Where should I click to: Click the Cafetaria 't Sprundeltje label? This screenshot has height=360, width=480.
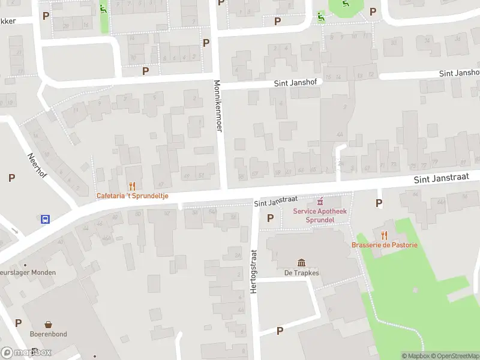coord(133,196)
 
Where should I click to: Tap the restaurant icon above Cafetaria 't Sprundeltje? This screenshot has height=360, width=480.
coord(132,186)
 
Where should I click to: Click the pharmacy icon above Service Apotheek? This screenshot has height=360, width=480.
coord(320,200)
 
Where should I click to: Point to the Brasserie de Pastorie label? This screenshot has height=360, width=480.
coord(384,245)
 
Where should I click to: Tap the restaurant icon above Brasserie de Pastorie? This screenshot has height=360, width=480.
coord(384,235)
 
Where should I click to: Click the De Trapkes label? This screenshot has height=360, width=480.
coord(301,273)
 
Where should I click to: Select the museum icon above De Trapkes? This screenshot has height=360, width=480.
coord(301,262)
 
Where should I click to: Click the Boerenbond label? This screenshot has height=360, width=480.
coord(49,334)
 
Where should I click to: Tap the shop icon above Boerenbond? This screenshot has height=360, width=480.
coord(49,324)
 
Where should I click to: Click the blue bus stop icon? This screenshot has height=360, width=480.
coord(45,219)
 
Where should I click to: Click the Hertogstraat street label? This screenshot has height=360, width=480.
coord(253,271)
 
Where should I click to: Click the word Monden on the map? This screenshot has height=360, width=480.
coord(44,272)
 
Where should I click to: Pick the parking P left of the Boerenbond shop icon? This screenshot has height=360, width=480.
coord(19,323)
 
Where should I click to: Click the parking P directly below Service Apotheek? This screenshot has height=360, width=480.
coord(270,218)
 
